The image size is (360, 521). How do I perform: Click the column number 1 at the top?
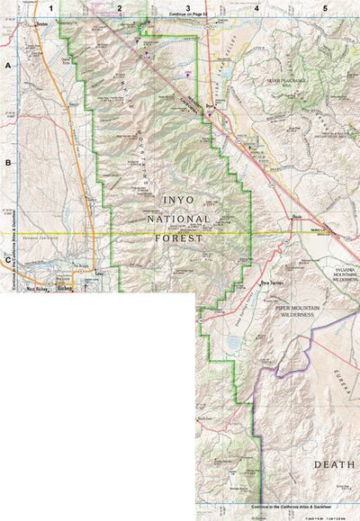51,7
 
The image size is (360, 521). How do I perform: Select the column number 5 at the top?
325,7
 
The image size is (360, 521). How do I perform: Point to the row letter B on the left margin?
7,164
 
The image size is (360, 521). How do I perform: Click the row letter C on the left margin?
7,260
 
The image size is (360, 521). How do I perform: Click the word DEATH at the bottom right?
333,464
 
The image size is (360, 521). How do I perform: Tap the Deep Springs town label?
272,283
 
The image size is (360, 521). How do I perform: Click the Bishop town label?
63,291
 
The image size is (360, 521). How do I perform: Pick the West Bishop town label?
38,291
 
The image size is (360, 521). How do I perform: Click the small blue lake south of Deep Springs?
236,343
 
